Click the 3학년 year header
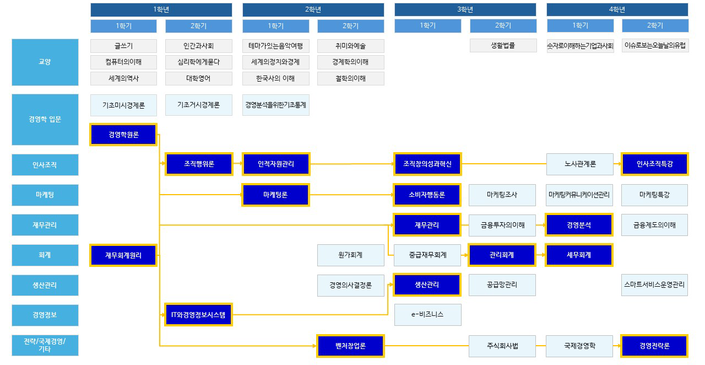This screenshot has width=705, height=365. [465, 10]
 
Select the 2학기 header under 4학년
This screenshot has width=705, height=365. [655, 26]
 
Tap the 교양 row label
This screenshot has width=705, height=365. [45, 62]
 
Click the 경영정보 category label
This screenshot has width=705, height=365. [45, 315]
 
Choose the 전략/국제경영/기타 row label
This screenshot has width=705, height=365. [45, 346]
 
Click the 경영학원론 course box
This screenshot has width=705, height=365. [123, 135]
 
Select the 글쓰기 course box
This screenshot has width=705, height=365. [123, 46]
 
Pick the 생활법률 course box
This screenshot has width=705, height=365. [503, 46]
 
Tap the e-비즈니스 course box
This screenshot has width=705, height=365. [427, 315]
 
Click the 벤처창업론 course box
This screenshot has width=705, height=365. [350, 346]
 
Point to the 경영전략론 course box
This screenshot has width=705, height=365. [654, 346]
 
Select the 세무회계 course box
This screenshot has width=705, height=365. [579, 255]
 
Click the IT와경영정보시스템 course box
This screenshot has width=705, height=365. [198, 315]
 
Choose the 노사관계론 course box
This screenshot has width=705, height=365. [579, 164]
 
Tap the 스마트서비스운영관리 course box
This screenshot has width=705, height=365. [654, 285]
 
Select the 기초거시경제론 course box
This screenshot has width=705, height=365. [198, 105]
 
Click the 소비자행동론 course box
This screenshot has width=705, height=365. [427, 195]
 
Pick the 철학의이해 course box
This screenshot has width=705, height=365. [350, 78]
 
